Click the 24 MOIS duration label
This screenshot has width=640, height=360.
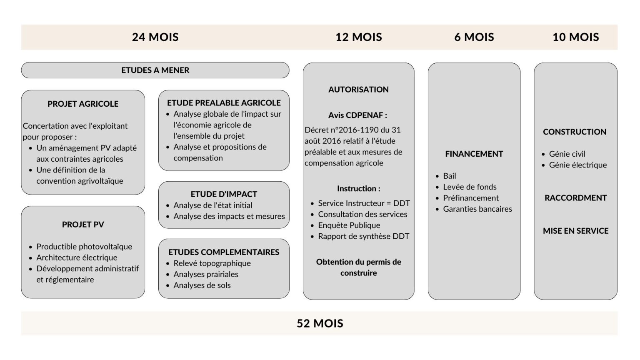[x=155, y=37]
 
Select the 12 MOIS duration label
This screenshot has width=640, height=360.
[x=359, y=37]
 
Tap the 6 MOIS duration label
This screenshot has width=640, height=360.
[x=474, y=37]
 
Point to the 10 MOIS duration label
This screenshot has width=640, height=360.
[x=576, y=37]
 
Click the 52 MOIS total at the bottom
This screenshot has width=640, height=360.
[x=320, y=323]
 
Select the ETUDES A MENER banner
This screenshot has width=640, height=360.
[x=155, y=70]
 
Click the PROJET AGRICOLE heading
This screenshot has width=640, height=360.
[x=83, y=104]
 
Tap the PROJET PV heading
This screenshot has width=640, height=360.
[x=83, y=225]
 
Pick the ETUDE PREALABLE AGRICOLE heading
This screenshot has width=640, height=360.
[x=224, y=103]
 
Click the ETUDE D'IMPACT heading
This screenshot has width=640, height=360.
[x=224, y=194]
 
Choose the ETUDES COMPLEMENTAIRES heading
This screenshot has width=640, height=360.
[x=224, y=252]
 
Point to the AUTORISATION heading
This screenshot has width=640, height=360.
[x=359, y=90]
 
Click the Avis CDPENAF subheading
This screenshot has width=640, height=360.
[x=358, y=115]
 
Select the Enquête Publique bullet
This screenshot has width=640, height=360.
[x=349, y=225]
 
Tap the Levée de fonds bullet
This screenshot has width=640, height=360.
[x=470, y=187]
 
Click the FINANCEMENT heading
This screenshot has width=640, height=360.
[x=474, y=154]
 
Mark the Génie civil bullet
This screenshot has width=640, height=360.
[x=567, y=154]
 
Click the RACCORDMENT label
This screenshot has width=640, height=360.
[x=576, y=198]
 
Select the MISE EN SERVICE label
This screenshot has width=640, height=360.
[x=576, y=231]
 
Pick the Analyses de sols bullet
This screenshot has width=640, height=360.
[x=202, y=285]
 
